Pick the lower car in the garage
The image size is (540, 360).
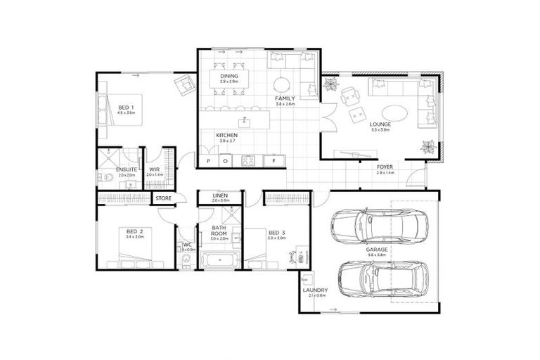(378, 279)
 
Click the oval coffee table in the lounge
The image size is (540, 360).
(382, 113)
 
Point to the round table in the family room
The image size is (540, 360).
(282, 81)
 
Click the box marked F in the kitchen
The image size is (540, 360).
(274, 161)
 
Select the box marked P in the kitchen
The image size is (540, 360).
(209, 161)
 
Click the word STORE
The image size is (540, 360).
(163, 198)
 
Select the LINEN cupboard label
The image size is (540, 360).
(219, 195)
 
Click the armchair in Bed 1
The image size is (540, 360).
(185, 85)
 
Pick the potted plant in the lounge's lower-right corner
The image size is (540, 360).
(427, 146)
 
